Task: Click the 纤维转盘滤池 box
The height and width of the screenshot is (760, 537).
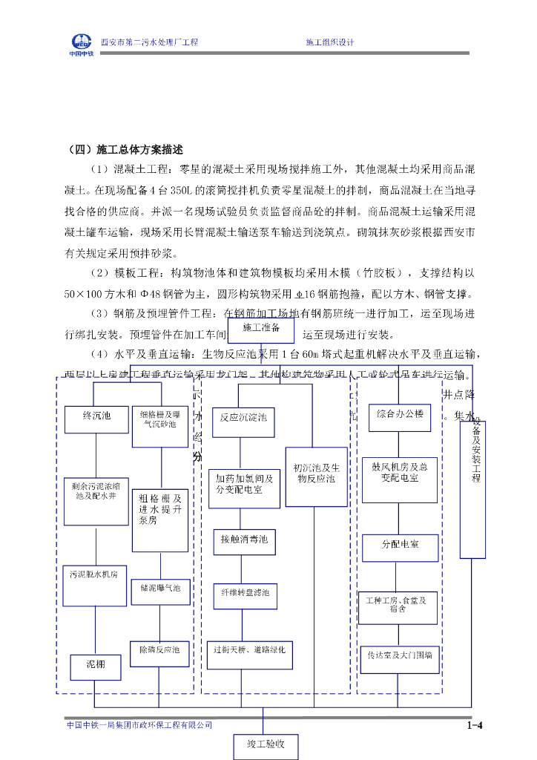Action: (x=245, y=594)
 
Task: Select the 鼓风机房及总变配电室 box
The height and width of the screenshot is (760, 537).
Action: (x=399, y=476)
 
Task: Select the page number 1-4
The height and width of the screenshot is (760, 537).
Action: (x=475, y=725)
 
